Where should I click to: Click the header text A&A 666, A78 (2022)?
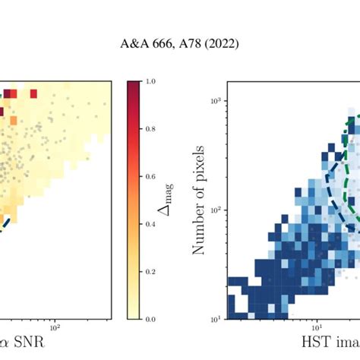179,44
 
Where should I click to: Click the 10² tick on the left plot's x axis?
55,328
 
